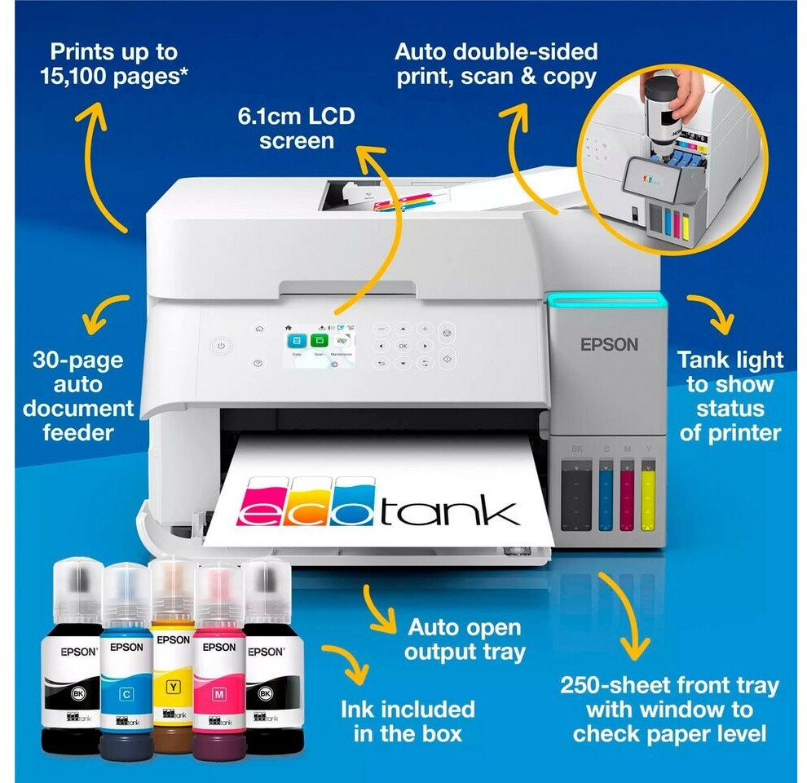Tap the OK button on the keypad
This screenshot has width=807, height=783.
coord(403,346)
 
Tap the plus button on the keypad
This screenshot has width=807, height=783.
coord(425,329)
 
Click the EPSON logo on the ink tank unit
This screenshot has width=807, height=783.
coord(609,344)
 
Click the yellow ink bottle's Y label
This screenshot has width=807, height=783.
coord(173,686)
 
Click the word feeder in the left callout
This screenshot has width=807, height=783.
coord(79,432)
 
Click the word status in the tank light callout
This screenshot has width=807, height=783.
coord(730,408)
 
